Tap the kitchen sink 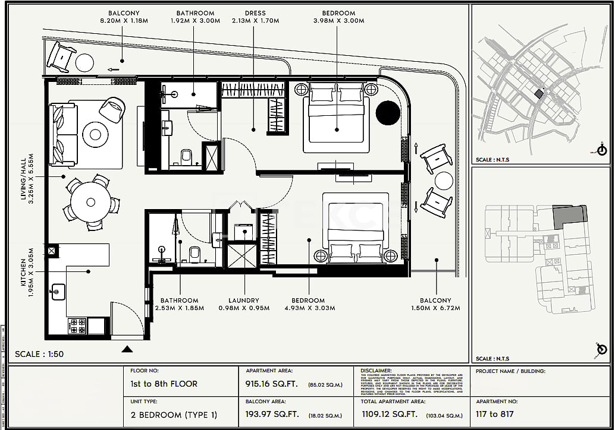59,292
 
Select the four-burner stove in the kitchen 78,325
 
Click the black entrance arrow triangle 127,349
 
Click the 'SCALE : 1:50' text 39,355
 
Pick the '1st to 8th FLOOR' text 164,384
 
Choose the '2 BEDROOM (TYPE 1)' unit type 174,415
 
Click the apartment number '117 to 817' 494,415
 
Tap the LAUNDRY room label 243,301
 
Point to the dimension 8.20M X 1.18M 124,21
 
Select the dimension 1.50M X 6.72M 435,308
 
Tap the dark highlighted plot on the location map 538,93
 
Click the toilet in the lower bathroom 194,254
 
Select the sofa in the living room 64,134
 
